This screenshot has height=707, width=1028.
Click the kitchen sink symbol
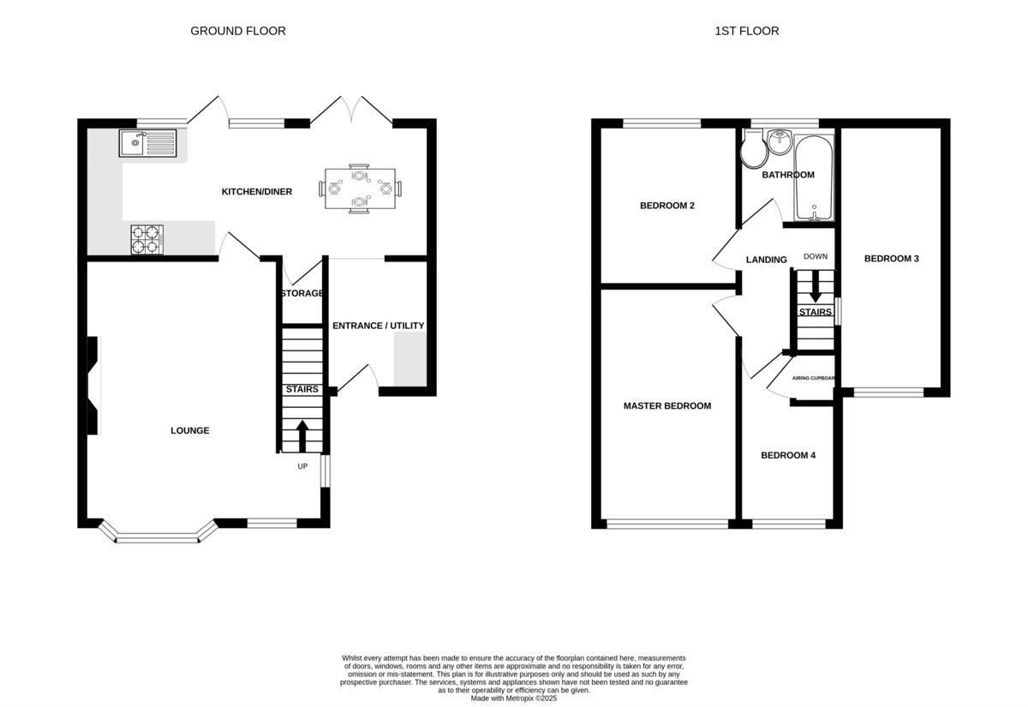(x=148, y=143)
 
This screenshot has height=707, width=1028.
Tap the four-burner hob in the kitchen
(x=146, y=239)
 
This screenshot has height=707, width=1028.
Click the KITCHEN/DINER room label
(x=257, y=192)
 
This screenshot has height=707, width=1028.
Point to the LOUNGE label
(x=189, y=430)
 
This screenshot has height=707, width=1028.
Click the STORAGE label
(x=302, y=293)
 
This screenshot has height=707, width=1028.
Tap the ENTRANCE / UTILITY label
(x=378, y=326)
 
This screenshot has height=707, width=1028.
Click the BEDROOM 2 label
(x=667, y=206)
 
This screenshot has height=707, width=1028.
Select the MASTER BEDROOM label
(x=667, y=406)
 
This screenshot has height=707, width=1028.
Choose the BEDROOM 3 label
(x=891, y=259)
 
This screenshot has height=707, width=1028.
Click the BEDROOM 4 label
(x=788, y=455)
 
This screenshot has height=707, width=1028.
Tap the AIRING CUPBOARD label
(x=813, y=378)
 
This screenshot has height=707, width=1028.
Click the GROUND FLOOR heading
(x=238, y=31)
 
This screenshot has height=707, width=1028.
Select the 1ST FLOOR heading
(x=747, y=31)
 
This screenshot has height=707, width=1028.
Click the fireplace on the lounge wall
(x=93, y=385)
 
